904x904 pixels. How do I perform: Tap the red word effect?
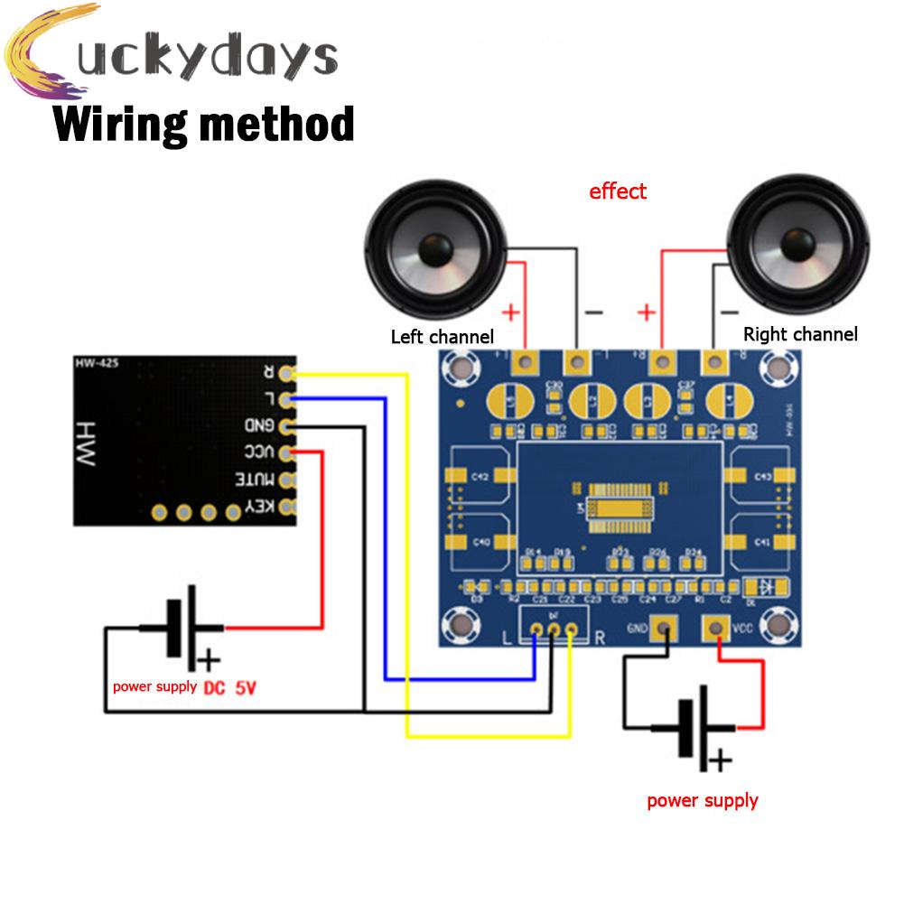618,191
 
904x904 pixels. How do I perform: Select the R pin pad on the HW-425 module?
288,372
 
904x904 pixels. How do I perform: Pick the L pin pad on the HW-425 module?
288,398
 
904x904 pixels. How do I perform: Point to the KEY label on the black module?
259,507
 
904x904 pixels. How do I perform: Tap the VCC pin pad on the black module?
288,452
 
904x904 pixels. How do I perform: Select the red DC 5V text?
229,688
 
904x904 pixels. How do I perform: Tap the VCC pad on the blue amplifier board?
719,628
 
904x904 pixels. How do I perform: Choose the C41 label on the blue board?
761,542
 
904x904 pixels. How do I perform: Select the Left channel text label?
442,337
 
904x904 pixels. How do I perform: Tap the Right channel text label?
799,335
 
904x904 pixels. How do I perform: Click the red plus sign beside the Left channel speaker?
510,312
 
